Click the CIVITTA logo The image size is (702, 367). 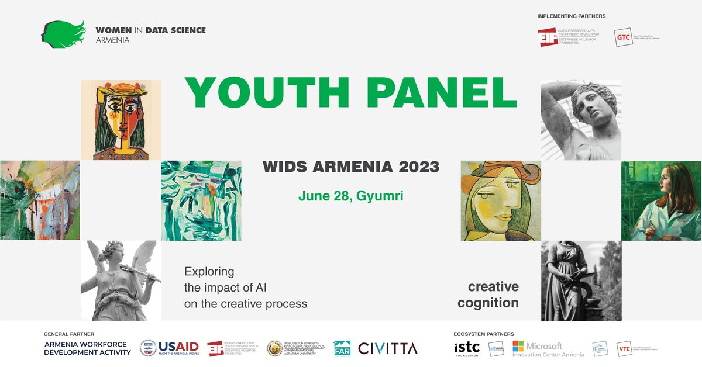(388, 348)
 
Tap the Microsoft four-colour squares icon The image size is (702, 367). (518, 348)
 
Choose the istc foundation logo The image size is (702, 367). (467, 348)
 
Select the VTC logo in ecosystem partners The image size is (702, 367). (625, 348)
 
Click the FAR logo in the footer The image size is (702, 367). (342, 348)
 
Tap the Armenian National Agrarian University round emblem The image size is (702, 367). (275, 348)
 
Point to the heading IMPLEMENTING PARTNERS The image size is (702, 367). (571, 16)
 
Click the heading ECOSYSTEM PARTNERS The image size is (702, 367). (484, 334)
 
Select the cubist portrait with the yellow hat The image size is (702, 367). (121, 120)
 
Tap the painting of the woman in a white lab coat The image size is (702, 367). (661, 200)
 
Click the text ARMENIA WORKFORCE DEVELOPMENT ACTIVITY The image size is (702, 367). (87, 348)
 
